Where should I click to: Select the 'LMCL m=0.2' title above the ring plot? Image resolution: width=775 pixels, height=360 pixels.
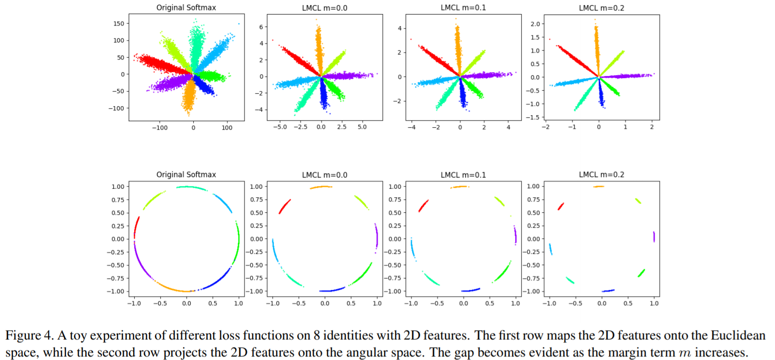point(601,175)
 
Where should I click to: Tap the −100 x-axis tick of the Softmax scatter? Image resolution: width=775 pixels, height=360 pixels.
point(160,128)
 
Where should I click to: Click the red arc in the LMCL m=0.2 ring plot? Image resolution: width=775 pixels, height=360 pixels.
point(561,206)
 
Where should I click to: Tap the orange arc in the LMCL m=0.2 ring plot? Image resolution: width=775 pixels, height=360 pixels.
point(599,187)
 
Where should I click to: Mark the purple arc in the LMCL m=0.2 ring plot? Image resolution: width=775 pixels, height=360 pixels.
point(653,236)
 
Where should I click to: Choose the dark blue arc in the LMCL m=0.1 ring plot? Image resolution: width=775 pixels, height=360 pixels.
point(470,290)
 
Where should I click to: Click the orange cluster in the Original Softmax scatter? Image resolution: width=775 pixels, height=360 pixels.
point(189,98)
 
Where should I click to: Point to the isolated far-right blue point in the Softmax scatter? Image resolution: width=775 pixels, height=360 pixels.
point(239,24)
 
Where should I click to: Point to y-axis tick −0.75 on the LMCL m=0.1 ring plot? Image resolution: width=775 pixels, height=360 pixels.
point(396,278)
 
